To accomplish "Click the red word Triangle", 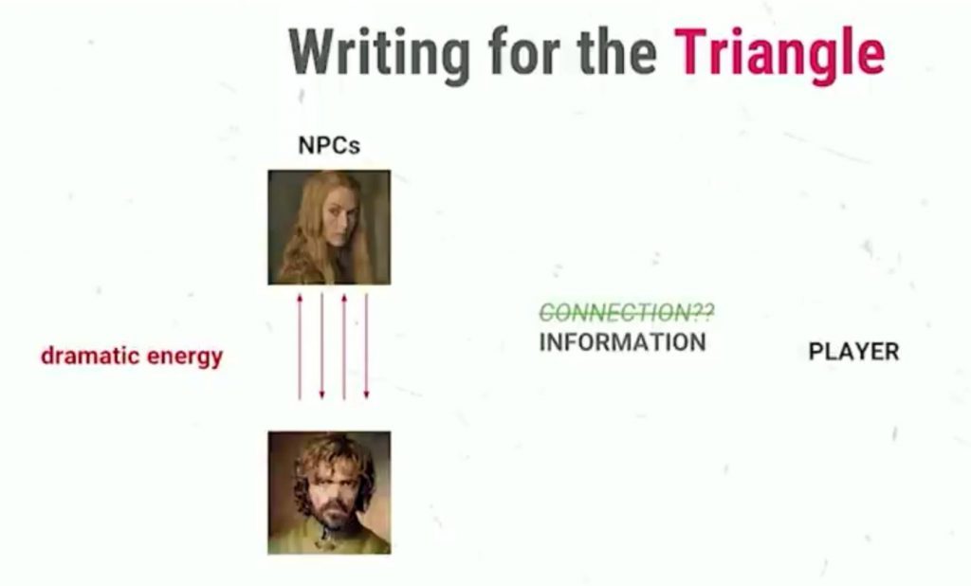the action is [779, 55].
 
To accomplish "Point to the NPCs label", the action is [329, 146].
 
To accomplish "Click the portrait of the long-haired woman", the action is [329, 228].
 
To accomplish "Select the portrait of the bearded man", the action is [329, 492].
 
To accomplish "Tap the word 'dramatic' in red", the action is [88, 356].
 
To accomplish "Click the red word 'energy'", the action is [185, 358].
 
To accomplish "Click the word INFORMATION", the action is [622, 342].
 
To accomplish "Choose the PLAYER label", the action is [853, 352].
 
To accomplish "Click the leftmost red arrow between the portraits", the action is [300, 346].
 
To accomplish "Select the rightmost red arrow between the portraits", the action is [367, 346].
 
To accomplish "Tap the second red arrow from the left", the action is [322, 346].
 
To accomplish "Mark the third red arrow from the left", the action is [344, 346].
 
